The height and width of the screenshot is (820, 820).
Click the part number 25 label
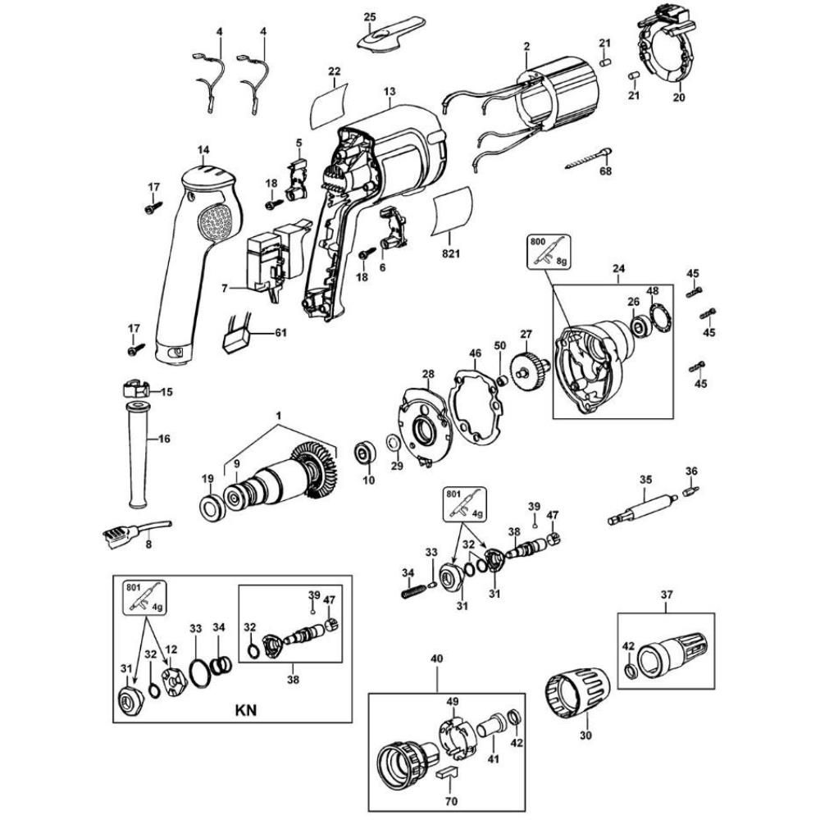point(369,17)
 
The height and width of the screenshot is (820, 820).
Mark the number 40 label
point(436,658)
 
